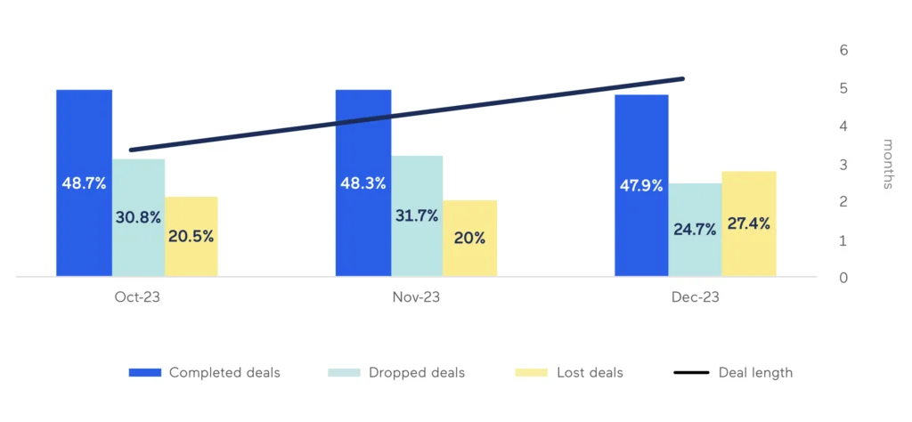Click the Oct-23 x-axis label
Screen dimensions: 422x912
point(137,298)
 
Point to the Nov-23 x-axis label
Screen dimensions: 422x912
point(416,298)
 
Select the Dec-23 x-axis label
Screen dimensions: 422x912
point(695,298)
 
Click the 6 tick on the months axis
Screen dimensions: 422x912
point(843,51)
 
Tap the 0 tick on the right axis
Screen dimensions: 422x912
point(843,278)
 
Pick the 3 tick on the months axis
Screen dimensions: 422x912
point(843,165)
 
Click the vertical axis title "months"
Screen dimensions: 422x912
point(887,164)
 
